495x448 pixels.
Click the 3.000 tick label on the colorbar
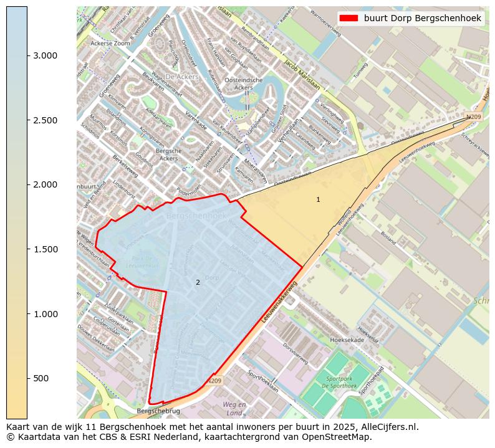(x=46, y=55)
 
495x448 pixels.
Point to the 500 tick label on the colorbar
(x=42, y=378)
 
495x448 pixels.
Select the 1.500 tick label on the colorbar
(x=46, y=249)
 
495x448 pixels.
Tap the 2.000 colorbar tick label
(x=46, y=184)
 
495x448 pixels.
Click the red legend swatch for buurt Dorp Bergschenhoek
(x=348, y=18)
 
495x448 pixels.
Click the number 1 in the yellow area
(x=318, y=199)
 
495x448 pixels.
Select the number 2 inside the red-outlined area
(x=198, y=282)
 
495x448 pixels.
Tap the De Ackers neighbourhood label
(x=183, y=77)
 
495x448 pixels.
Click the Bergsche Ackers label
(x=168, y=155)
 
